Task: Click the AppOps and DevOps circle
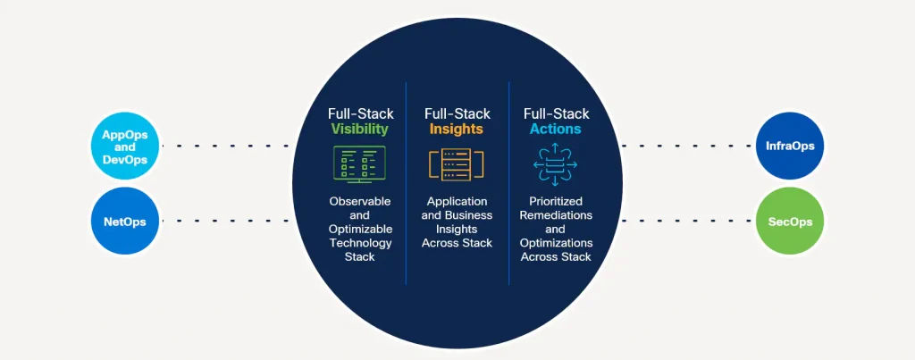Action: point(125,146)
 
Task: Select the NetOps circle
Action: point(125,221)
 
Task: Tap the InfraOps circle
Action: point(790,146)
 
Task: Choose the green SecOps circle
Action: point(790,221)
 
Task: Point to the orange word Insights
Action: point(456,130)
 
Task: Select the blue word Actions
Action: point(556,130)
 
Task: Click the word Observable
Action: point(359,202)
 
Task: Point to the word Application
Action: point(457,202)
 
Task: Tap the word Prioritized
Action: point(556,202)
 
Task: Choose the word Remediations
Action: point(556,215)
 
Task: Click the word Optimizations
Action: point(556,243)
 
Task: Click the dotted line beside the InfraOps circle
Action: point(688,145)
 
